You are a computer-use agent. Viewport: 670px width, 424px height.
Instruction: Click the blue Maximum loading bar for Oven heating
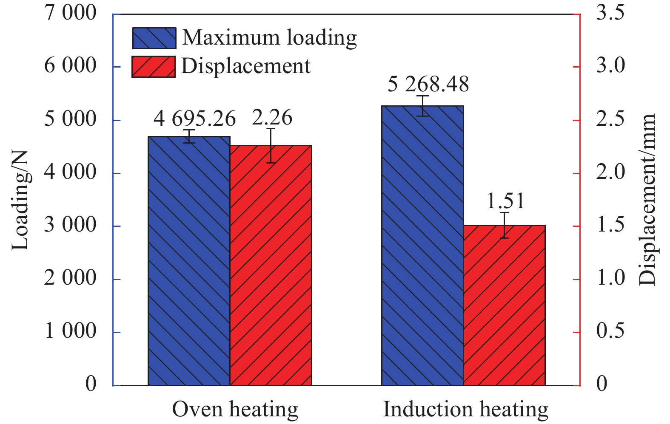tap(189, 261)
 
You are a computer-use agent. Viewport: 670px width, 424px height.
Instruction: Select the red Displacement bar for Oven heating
tap(271, 266)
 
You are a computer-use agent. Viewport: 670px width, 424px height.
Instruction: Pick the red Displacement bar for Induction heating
tap(505, 305)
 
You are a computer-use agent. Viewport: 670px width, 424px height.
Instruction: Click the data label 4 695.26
tap(194, 119)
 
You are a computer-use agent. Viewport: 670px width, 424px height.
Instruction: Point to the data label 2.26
tap(272, 118)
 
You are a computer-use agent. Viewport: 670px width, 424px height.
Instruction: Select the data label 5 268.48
tap(428, 84)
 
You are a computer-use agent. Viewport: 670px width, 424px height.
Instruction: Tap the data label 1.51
tap(505, 201)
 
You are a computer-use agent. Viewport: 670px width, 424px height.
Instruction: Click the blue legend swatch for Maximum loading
tap(154, 38)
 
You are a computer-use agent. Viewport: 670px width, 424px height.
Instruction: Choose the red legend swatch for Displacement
tap(153, 67)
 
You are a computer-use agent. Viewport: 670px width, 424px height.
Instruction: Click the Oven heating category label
tap(235, 410)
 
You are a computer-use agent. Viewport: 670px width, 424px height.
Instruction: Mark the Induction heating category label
tap(466, 410)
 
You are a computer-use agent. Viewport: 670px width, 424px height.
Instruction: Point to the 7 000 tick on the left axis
tap(71, 13)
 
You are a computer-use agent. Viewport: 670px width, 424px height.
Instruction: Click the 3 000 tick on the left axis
tap(71, 225)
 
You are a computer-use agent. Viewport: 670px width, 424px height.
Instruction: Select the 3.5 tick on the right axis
tap(610, 13)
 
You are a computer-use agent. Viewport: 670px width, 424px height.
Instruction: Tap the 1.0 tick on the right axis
tap(610, 278)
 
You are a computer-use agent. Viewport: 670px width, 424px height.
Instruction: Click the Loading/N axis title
tap(20, 200)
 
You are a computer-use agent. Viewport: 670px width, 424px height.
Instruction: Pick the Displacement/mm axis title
tap(647, 200)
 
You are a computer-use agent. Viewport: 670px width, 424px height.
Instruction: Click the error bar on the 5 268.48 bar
tap(422, 106)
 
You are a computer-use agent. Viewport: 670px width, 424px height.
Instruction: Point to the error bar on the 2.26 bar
tap(271, 146)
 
